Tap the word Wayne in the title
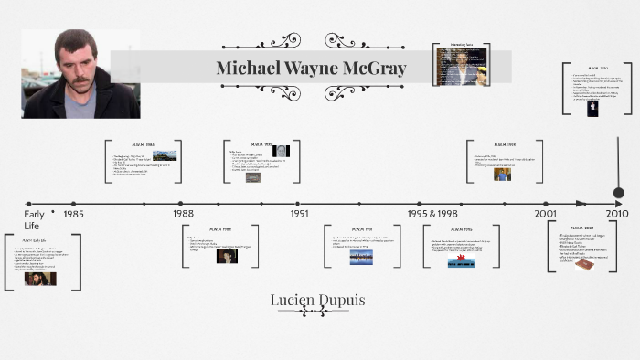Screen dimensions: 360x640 (x=309, y=69)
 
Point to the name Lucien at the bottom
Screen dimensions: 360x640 (x=295, y=299)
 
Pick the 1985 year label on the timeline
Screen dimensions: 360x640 (x=74, y=214)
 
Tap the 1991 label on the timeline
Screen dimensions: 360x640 (x=299, y=214)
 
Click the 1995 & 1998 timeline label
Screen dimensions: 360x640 (x=432, y=214)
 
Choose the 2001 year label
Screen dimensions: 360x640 (x=546, y=214)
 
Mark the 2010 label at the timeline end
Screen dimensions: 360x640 (x=618, y=214)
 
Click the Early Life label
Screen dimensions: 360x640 (x=34, y=219)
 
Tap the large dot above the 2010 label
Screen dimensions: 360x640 (x=618, y=192)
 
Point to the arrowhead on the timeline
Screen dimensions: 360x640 (x=581, y=203)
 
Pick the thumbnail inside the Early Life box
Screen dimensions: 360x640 (x=39, y=279)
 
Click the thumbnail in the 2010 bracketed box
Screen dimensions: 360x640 (x=592, y=107)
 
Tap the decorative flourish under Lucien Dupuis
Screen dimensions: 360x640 (x=314, y=312)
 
